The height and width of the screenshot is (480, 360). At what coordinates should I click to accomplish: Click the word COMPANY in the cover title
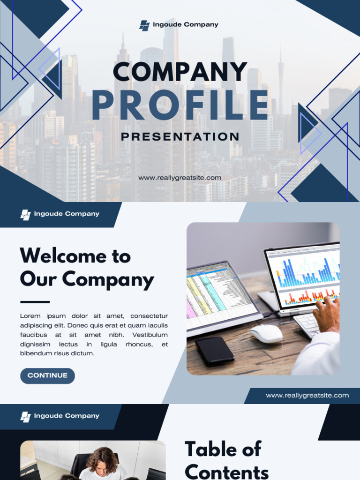(180, 72)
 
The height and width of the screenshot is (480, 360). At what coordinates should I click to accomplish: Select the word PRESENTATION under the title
(180, 137)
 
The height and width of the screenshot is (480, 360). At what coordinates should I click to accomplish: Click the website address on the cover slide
(180, 178)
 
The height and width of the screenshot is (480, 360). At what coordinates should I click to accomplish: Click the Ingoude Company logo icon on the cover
(144, 25)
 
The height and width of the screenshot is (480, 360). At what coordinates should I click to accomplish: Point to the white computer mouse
(266, 333)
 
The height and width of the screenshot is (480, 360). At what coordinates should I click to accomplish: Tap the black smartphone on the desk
(215, 350)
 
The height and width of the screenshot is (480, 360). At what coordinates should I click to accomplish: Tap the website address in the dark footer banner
(307, 396)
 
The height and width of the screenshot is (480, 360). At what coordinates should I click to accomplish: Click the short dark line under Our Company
(35, 302)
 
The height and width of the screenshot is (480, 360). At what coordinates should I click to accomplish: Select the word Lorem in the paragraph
(30, 316)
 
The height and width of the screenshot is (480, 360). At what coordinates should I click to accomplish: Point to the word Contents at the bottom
(227, 471)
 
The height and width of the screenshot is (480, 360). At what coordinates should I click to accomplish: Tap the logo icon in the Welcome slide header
(26, 215)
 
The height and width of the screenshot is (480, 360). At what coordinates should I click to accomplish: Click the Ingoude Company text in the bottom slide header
(67, 416)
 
